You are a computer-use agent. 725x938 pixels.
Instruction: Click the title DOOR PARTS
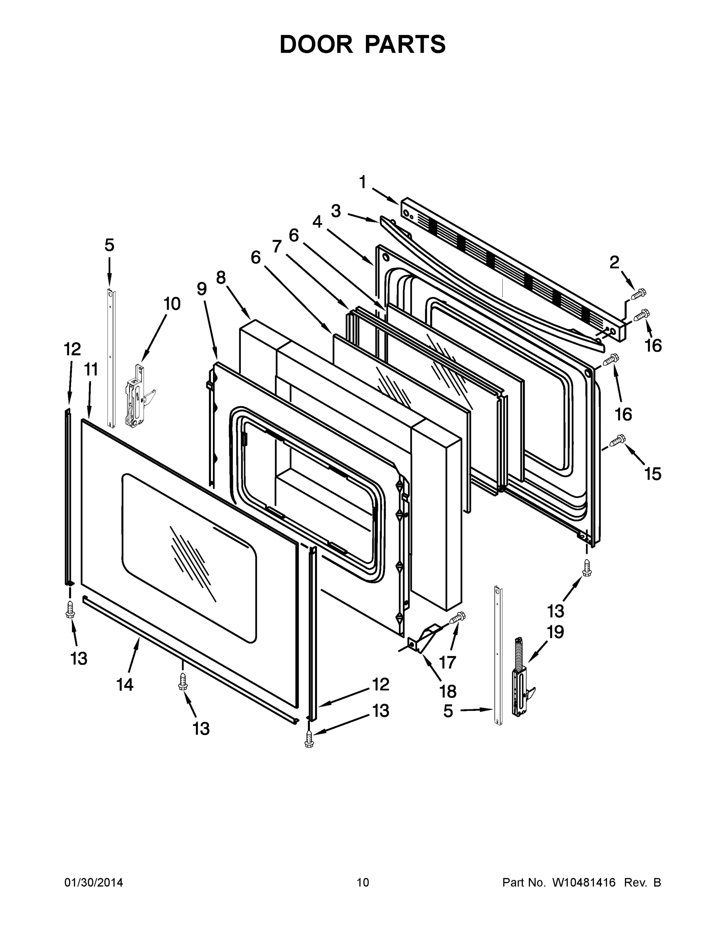point(363,44)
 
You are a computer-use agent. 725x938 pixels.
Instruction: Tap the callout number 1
point(363,183)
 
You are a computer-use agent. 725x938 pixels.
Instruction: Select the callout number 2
point(615,262)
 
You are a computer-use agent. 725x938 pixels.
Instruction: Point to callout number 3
point(336,211)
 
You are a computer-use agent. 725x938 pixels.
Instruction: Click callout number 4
point(317,222)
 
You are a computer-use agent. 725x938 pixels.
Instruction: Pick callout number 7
point(277,246)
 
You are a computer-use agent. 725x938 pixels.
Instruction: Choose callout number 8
point(221,278)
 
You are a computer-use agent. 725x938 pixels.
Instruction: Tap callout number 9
point(201,289)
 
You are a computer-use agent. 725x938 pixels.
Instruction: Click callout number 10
point(172,304)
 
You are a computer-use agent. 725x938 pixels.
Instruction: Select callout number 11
point(91,369)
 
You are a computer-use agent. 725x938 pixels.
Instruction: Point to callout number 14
point(125,685)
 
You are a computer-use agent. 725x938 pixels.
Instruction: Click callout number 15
point(653,474)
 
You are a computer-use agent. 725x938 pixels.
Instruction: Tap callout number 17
point(447,662)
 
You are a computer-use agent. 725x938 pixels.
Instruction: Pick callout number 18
point(448,691)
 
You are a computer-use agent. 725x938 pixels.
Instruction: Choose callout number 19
point(555,632)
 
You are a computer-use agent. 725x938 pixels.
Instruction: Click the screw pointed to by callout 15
point(618,440)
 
